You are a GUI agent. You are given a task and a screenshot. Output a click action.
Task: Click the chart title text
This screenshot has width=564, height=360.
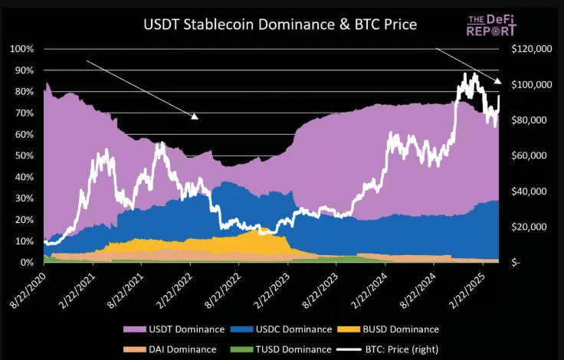click(x=280, y=25)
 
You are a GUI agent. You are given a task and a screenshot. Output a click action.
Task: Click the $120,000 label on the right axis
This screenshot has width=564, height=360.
click(x=530, y=49)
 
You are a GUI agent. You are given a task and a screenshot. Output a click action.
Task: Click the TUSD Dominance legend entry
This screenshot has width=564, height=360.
click(x=281, y=349)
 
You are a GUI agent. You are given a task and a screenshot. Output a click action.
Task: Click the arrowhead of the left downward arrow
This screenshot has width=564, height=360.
click(x=195, y=116)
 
